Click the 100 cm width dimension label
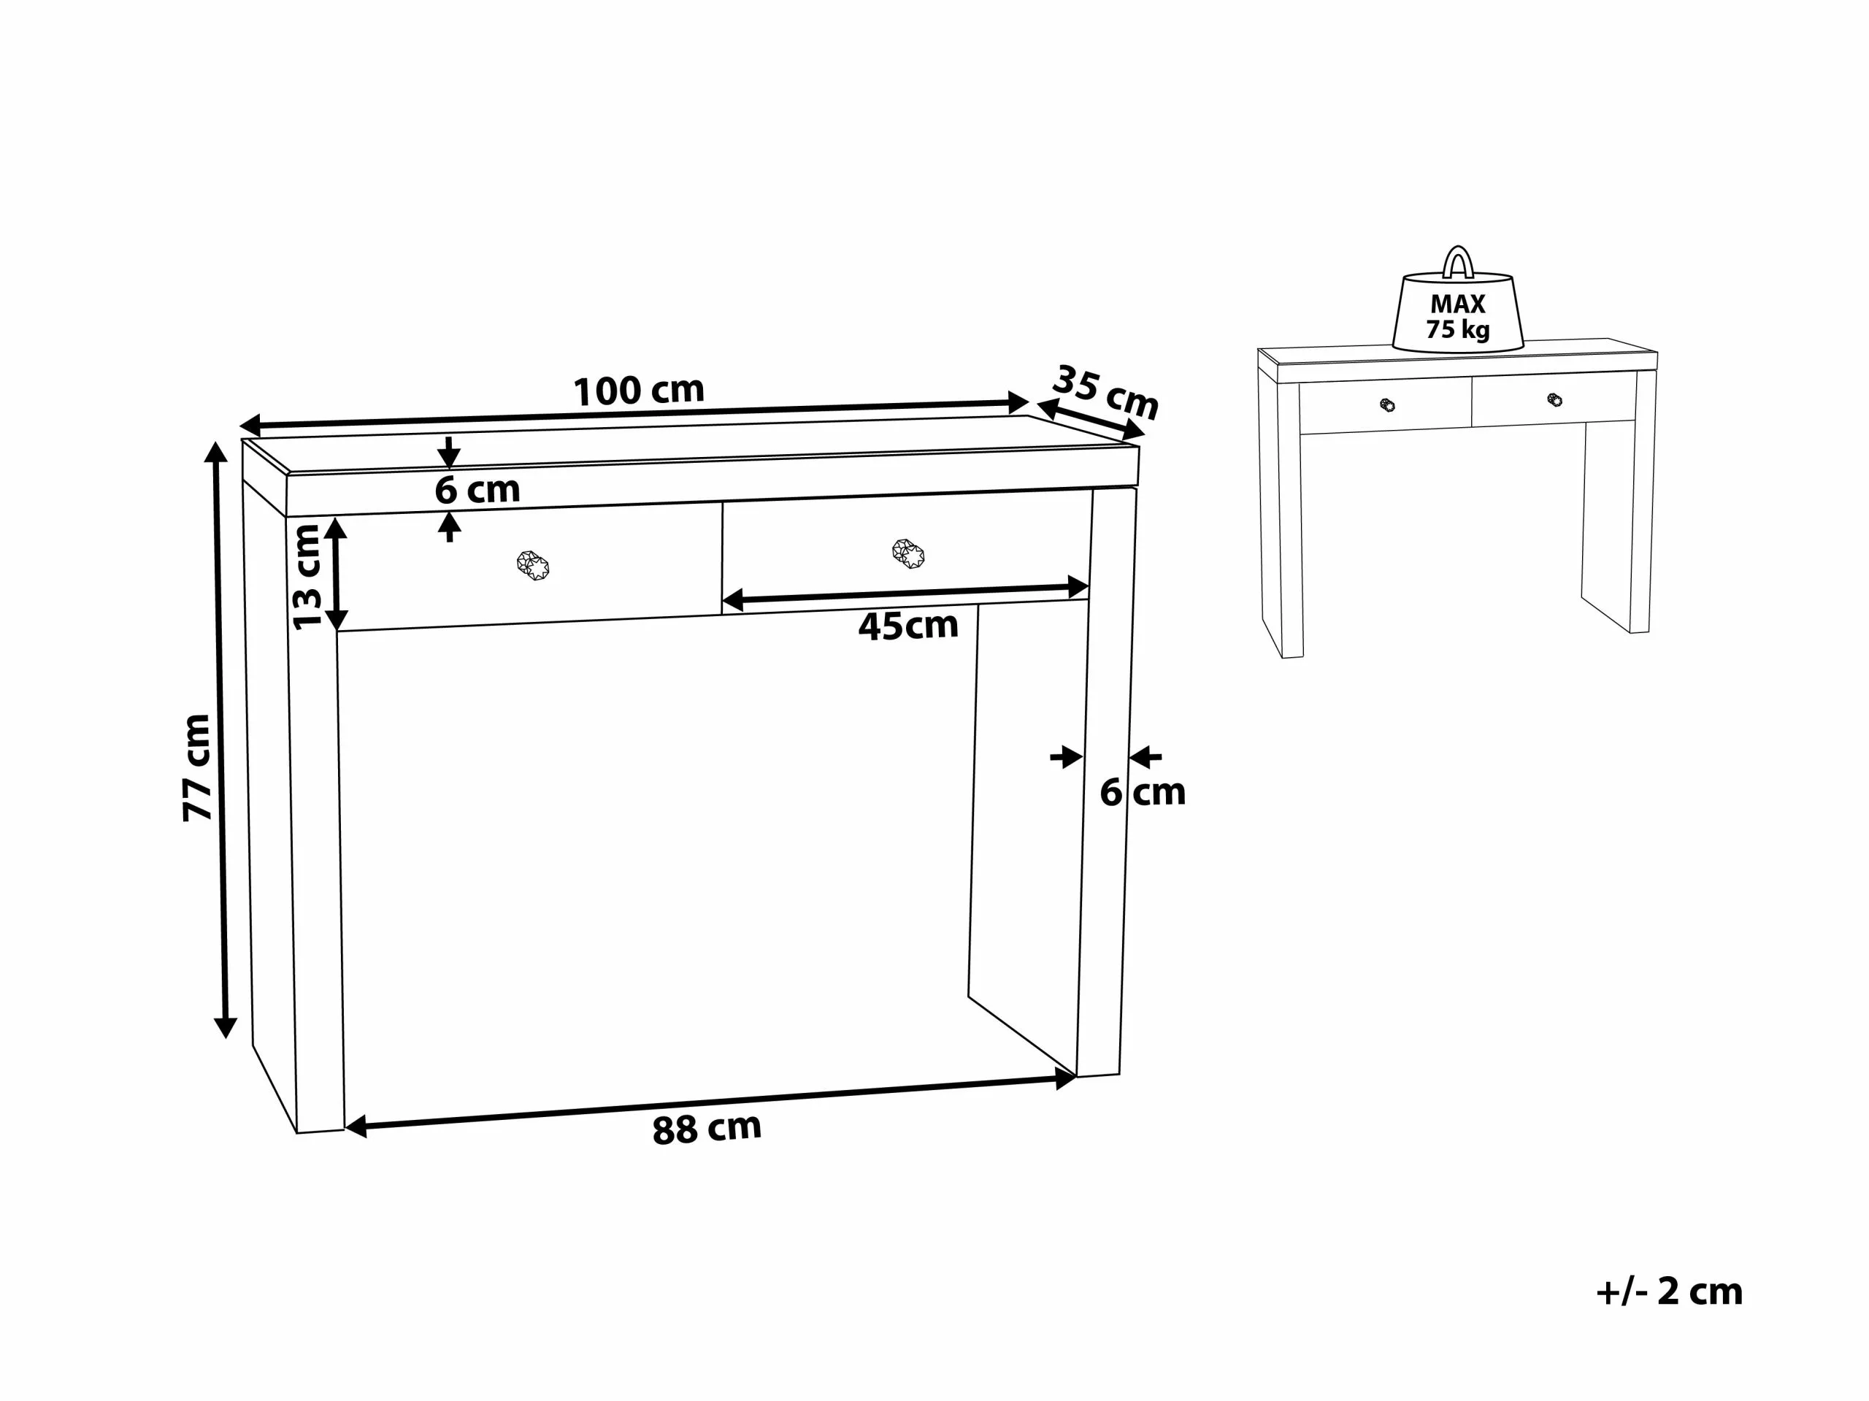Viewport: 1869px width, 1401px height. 639,391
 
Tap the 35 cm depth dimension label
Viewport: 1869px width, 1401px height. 1105,392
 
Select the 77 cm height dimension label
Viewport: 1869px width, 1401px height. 197,767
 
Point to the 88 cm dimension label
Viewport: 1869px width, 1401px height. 707,1129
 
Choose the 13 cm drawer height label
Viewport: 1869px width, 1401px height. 307,576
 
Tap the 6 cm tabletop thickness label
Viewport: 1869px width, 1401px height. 477,490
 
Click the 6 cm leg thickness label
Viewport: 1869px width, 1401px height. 1143,793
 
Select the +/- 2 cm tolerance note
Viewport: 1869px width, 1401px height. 1670,1292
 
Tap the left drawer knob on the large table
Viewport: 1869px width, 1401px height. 533,565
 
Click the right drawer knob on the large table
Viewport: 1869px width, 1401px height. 908,553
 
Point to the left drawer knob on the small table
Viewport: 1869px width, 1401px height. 1387,404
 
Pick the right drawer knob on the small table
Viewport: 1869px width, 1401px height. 1554,399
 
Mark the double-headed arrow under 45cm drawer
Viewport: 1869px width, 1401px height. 905,594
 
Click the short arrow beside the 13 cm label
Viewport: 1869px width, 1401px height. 337,574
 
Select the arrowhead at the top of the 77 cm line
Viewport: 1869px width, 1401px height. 216,452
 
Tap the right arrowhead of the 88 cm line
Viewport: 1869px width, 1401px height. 1065,1079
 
